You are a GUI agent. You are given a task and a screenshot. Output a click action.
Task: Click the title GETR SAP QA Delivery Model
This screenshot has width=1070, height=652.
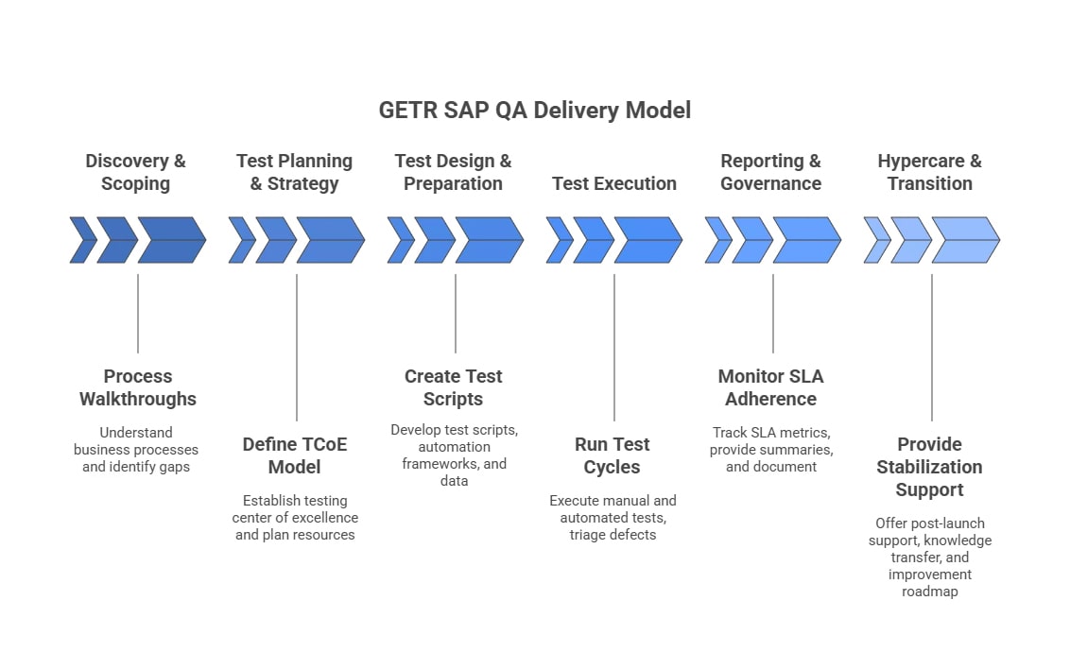[x=534, y=111]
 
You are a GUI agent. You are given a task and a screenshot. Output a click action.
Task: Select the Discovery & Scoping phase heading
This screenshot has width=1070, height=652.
[x=136, y=172]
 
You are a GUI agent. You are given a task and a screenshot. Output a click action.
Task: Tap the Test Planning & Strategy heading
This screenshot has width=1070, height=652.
[x=294, y=172]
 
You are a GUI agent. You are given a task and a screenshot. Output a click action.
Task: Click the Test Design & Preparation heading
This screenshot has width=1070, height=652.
[x=453, y=172]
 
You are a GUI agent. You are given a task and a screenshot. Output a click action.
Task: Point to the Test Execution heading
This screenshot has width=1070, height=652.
[x=614, y=183]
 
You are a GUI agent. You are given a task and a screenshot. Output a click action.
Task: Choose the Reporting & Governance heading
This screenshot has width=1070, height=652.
[x=770, y=172]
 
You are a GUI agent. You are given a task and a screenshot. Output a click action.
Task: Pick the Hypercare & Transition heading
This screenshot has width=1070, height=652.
[x=929, y=172]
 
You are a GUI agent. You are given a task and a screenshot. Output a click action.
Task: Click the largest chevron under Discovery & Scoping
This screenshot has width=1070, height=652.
[x=173, y=240]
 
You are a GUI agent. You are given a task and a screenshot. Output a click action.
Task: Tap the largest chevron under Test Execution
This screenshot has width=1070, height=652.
[x=649, y=240]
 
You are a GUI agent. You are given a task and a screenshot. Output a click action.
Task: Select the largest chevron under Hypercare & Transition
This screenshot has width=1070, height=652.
[x=967, y=240]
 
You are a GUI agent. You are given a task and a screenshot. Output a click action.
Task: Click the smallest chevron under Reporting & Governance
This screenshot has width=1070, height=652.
[x=717, y=240]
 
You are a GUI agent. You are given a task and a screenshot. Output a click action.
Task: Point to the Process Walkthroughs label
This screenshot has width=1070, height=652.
[x=137, y=387]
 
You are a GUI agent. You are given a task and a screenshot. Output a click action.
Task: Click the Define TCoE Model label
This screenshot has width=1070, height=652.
[x=294, y=455]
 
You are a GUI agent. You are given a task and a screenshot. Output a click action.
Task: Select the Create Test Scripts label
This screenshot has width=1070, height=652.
[x=453, y=387]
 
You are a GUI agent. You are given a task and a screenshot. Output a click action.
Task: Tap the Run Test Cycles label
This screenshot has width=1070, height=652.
[x=612, y=455]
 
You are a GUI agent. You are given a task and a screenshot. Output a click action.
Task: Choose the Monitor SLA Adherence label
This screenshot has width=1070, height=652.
[x=770, y=387]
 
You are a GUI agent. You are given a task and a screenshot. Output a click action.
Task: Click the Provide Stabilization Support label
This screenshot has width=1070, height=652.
[x=929, y=467]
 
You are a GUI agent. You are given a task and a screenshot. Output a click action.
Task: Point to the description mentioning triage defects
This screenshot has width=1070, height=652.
[x=613, y=518]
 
